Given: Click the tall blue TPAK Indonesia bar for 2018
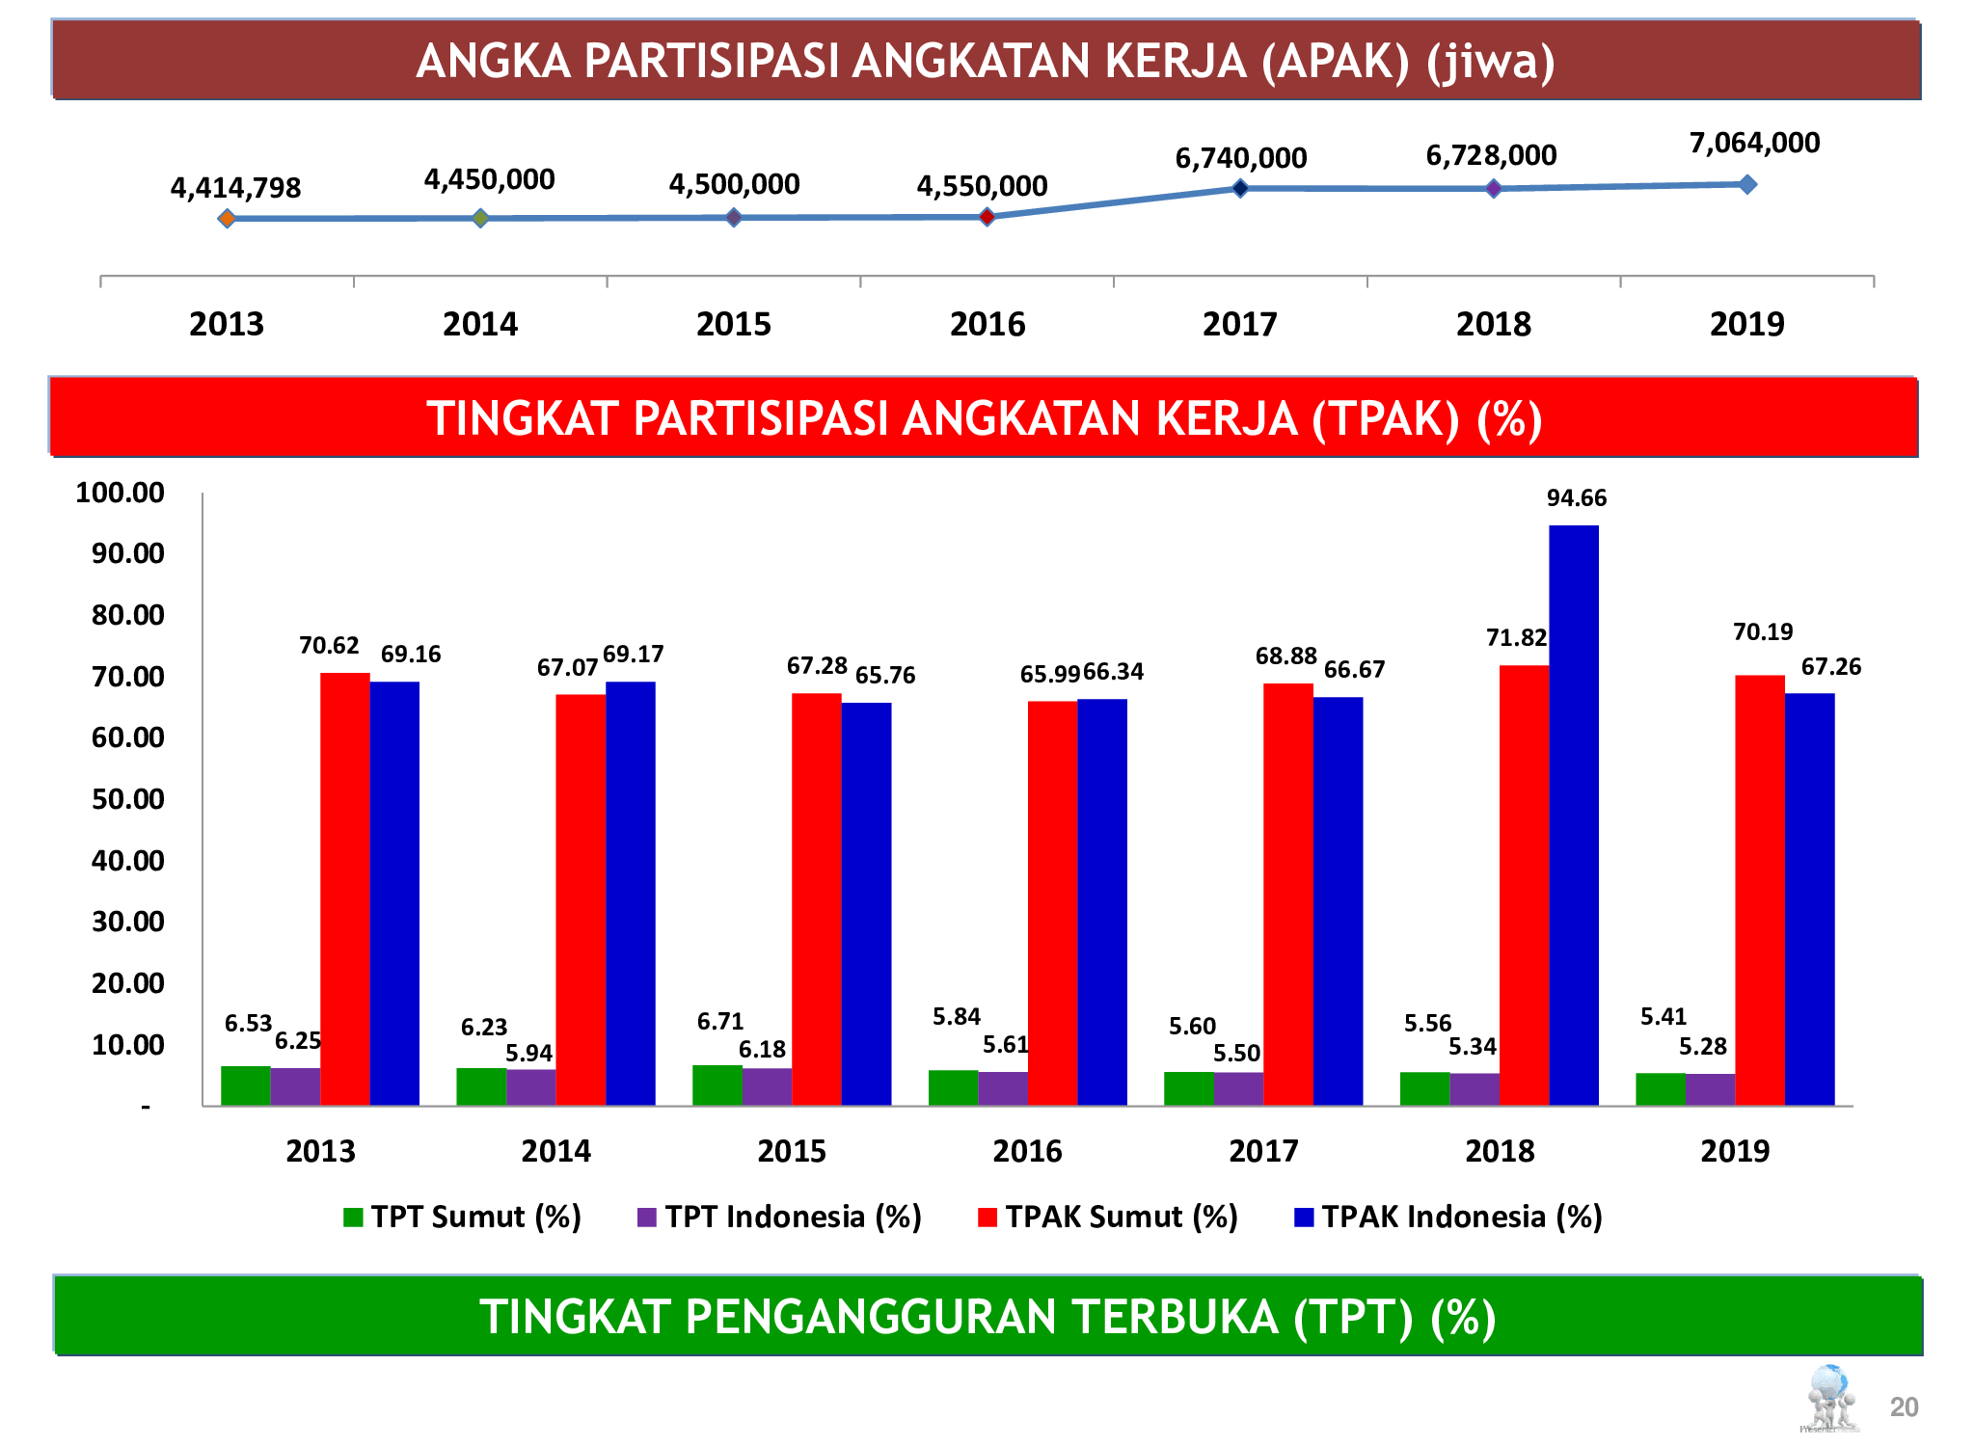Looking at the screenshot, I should [1573, 815].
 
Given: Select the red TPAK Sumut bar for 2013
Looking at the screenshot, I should [344, 888].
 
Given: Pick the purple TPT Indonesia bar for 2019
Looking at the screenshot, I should [1710, 1089].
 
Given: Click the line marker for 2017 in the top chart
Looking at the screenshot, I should [1240, 188].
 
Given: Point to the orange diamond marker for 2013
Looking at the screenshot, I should [227, 219].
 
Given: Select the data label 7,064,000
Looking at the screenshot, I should [1754, 143].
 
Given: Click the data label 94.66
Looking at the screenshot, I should [1576, 497].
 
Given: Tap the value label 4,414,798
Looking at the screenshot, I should [235, 188].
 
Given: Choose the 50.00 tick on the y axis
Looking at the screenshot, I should [127, 799].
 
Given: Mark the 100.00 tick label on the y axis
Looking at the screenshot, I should [120, 493].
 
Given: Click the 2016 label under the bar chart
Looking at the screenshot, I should [1027, 1150].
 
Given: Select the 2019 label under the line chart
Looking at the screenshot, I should [1746, 324].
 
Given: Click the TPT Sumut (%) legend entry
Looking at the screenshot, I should [463, 1217].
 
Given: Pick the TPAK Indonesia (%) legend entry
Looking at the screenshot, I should [1448, 1217].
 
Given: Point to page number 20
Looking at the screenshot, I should [1904, 1407].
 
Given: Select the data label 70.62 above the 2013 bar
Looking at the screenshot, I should [329, 645].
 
